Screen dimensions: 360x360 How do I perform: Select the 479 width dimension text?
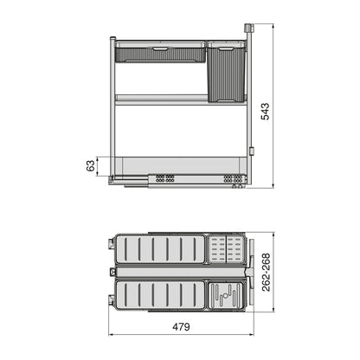[x=179, y=328]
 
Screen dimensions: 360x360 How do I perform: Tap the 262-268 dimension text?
[x=267, y=271]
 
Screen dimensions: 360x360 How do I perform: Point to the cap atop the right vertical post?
[x=250, y=29]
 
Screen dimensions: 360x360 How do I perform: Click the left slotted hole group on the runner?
[x=163, y=178]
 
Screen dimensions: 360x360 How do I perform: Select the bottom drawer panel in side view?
[x=177, y=164]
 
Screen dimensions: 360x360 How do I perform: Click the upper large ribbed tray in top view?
[x=161, y=249]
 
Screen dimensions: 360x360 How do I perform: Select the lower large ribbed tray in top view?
[x=161, y=294]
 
